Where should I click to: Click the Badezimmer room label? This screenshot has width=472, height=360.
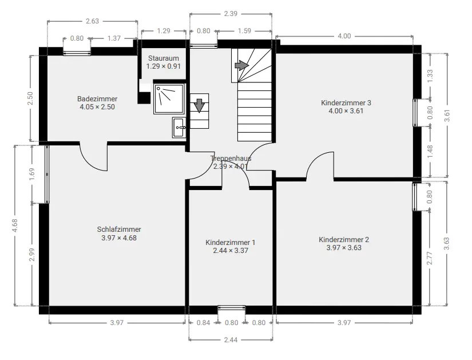97,99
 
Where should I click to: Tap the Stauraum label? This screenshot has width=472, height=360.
164,58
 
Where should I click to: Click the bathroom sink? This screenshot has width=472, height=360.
179,128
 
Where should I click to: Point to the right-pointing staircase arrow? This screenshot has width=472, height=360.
241,65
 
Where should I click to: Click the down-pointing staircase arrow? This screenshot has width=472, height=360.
199,105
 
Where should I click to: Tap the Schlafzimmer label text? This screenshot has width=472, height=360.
119,230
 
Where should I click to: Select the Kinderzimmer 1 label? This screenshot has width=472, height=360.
231,243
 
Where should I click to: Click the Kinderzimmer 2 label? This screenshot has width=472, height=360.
344,240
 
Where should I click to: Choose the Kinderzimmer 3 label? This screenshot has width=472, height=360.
346,102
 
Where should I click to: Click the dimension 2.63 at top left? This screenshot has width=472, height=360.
92,21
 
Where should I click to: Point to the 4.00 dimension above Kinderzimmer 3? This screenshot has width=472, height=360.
344,36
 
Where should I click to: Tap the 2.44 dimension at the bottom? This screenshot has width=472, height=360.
231,340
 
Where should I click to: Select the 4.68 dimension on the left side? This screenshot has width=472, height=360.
15,226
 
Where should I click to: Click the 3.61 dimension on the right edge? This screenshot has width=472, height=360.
447,116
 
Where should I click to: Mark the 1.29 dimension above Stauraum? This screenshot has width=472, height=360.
164,31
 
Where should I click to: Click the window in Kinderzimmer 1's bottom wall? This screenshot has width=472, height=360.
232,307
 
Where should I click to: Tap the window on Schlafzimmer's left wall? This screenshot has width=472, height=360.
47,174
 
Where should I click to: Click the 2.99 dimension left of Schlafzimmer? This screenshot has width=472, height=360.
32,255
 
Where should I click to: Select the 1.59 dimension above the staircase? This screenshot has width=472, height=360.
244,31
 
